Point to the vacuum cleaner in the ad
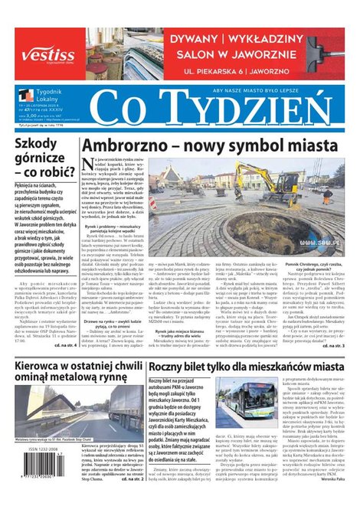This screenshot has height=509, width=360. pyautogui.click(x=325, y=54)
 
